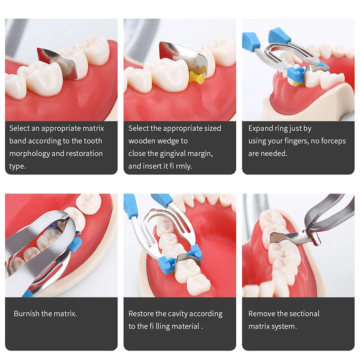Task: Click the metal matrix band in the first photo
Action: click(x=60, y=62)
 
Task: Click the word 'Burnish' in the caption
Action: click(x=27, y=313)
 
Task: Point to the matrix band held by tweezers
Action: click(x=289, y=237)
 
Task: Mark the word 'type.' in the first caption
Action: click(x=18, y=166)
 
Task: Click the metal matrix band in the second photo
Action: click(x=184, y=54)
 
